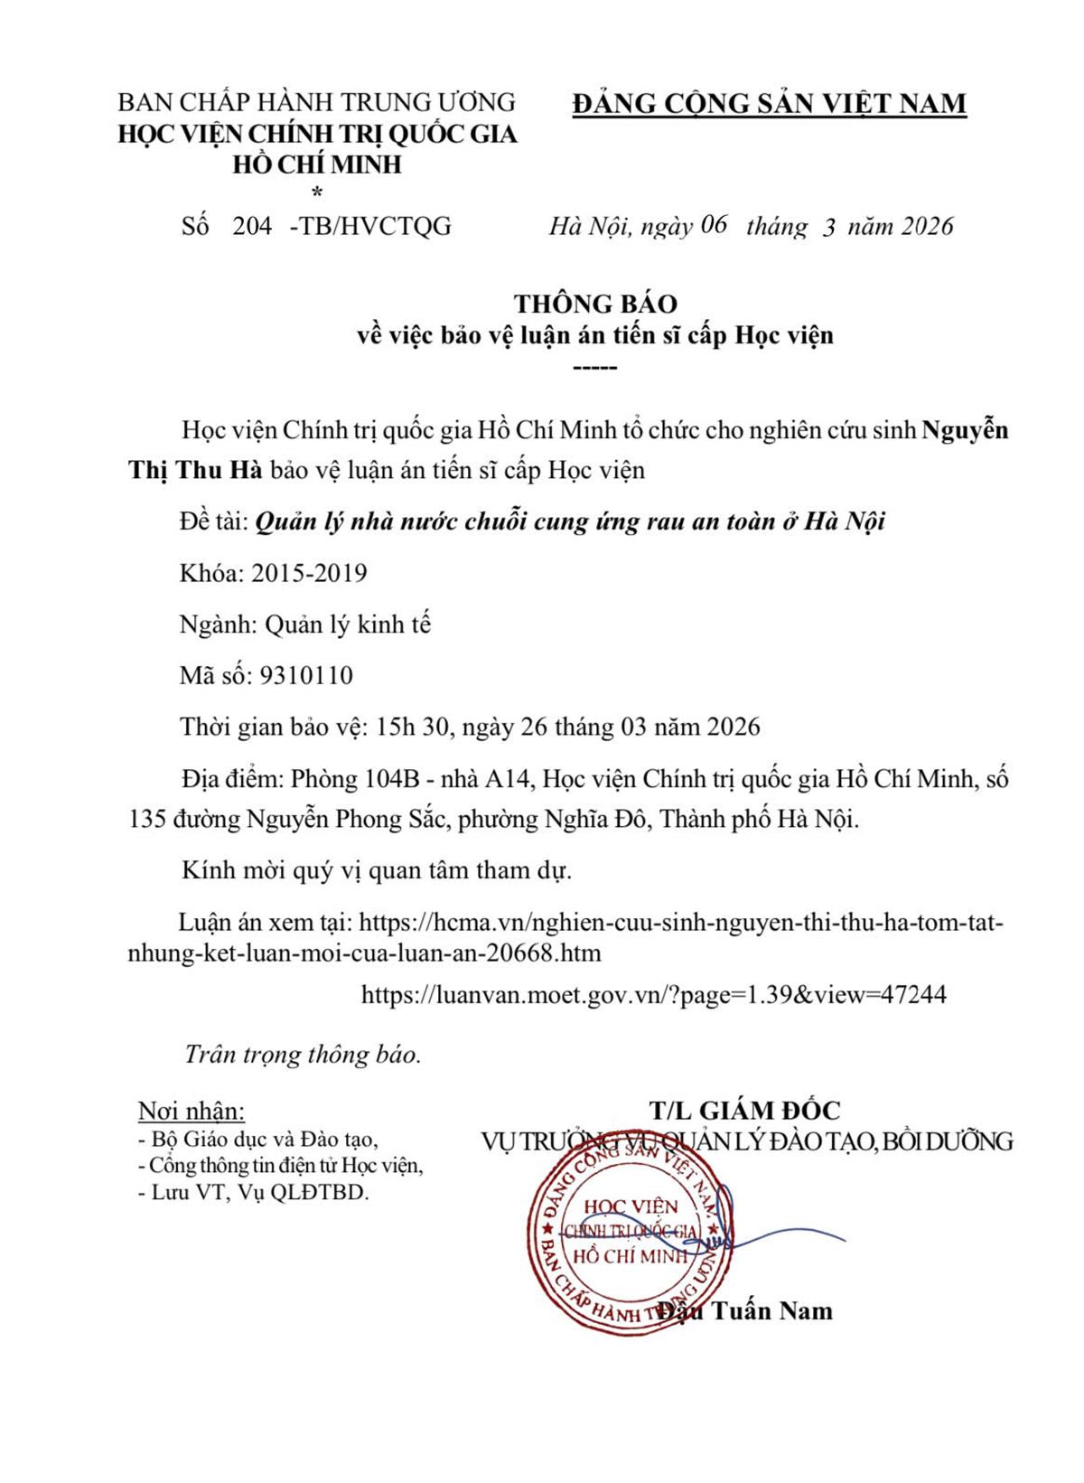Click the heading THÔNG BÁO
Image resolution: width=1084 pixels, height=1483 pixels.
point(594,303)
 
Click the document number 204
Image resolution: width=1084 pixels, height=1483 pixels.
point(252,226)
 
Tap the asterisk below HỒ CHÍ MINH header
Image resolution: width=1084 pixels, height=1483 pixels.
point(316,192)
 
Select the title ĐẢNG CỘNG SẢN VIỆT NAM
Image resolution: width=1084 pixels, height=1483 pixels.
point(769,103)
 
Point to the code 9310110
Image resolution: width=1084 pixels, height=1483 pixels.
point(305,675)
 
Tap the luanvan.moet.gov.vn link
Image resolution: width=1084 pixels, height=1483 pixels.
point(653,995)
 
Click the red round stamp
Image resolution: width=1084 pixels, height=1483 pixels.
point(629,1234)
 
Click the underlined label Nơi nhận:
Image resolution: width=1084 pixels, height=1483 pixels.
point(191,1110)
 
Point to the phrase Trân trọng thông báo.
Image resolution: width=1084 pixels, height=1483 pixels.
point(303,1055)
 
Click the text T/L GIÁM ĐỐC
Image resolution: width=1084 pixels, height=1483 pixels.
point(743,1110)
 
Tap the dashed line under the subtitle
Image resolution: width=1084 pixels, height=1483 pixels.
point(595,368)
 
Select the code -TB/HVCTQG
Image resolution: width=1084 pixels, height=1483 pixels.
point(370,226)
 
